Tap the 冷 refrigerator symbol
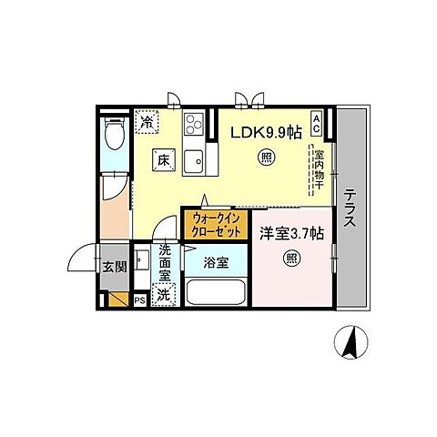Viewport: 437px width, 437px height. point(147,120)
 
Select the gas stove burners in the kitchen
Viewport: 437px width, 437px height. point(195,125)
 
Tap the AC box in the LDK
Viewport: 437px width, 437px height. point(316,121)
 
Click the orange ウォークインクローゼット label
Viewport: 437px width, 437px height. point(215,225)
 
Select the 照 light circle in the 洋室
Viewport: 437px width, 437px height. point(291,258)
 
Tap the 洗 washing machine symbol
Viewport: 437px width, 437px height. point(163,295)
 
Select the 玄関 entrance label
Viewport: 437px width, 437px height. point(113,267)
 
